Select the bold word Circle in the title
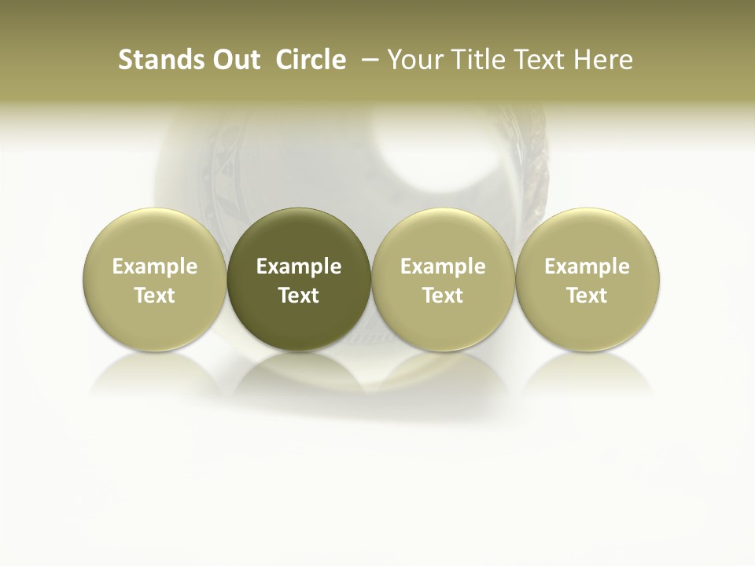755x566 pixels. [311, 60]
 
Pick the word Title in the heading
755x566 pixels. [479, 60]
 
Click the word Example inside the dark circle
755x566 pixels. [299, 266]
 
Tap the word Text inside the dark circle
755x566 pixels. [299, 296]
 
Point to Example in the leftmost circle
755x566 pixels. [155, 266]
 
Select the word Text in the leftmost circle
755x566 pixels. [155, 296]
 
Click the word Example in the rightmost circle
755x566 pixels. [587, 266]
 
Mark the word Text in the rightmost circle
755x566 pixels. [587, 296]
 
